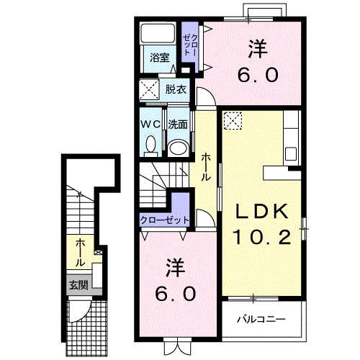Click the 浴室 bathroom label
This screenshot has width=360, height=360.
point(160,58)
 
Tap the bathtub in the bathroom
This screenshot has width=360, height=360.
point(158,33)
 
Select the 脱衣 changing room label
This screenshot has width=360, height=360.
point(176,89)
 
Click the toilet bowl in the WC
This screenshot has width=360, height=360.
point(150,144)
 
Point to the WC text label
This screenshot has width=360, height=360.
point(150,124)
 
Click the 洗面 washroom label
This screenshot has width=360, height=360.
point(178,125)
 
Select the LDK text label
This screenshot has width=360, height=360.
point(262,211)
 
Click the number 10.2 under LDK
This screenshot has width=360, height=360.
point(262,237)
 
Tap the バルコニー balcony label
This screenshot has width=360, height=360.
point(261,319)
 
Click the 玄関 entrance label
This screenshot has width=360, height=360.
point(78,285)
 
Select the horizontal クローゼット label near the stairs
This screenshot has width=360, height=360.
point(164,220)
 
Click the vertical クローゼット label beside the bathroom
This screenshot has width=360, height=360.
point(190,45)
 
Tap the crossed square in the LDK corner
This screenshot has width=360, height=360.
point(233,120)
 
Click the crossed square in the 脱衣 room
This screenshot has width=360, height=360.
point(149,89)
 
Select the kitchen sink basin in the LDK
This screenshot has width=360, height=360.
point(290,154)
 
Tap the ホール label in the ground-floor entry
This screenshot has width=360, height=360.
point(81,253)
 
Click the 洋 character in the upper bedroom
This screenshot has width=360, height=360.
point(258,49)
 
